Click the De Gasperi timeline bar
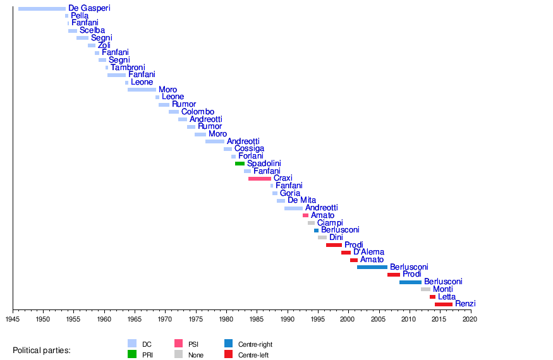pyautogui.click(x=42, y=8)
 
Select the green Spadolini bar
pyautogui.click(x=240, y=164)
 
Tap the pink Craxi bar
pyautogui.click(x=259, y=179)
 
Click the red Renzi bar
pyautogui.click(x=444, y=304)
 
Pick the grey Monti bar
pyautogui.click(x=425, y=289)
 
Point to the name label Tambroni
pyautogui.click(x=128, y=68)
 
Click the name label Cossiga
pyautogui.click(x=249, y=149)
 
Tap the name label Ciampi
pyautogui.click(x=330, y=223)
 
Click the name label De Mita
pyautogui.click(x=301, y=200)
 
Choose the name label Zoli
pyautogui.click(x=104, y=45)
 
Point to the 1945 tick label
pyautogui.click(x=13, y=320)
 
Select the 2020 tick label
pyautogui.click(x=470, y=320)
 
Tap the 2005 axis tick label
pyautogui.click(x=379, y=320)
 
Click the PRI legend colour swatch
pyautogui.click(x=132, y=354)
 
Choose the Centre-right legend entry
pyautogui.click(x=255, y=344)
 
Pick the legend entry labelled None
pyautogui.click(x=196, y=355)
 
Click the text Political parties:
pyautogui.click(x=42, y=350)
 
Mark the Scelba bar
pyautogui.click(x=73, y=30)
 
